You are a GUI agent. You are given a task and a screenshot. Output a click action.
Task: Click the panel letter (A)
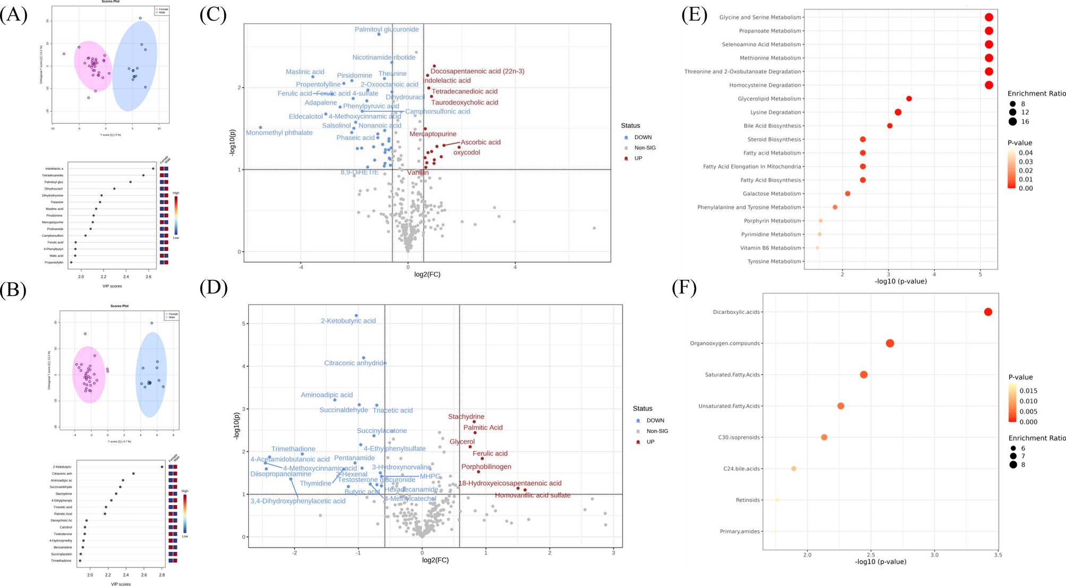(x=14, y=15)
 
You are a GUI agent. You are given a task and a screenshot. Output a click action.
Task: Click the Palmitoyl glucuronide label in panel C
(x=386, y=29)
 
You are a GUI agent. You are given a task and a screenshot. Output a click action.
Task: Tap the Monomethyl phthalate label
(x=279, y=133)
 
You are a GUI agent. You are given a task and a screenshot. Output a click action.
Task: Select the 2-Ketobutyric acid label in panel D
(x=348, y=321)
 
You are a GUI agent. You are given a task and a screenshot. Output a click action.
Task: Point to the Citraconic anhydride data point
(x=363, y=358)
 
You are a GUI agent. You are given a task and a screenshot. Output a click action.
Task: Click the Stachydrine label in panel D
(x=466, y=417)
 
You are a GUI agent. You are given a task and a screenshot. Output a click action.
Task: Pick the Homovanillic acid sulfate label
(x=532, y=495)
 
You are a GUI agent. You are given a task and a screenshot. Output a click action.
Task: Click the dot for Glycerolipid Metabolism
(x=909, y=99)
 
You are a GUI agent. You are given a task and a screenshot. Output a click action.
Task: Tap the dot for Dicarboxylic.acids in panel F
(x=988, y=312)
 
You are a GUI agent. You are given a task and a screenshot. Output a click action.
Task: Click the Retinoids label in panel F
(x=748, y=500)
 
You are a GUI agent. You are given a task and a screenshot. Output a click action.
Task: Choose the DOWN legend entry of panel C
(x=642, y=137)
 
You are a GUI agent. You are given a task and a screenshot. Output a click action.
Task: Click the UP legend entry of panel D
(x=650, y=442)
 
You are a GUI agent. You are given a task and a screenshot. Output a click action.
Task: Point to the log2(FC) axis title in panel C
(x=427, y=274)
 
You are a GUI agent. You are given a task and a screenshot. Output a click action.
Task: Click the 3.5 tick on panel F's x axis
(x=997, y=555)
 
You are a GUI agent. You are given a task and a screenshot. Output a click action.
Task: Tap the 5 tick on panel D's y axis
(x=243, y=323)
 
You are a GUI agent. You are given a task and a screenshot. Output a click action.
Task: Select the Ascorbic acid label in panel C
(x=480, y=142)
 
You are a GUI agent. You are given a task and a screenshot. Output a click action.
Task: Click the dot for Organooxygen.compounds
(x=890, y=343)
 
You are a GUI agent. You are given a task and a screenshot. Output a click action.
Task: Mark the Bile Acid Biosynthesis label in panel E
(x=772, y=126)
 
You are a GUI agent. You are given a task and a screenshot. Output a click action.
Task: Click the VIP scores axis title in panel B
(x=121, y=584)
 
